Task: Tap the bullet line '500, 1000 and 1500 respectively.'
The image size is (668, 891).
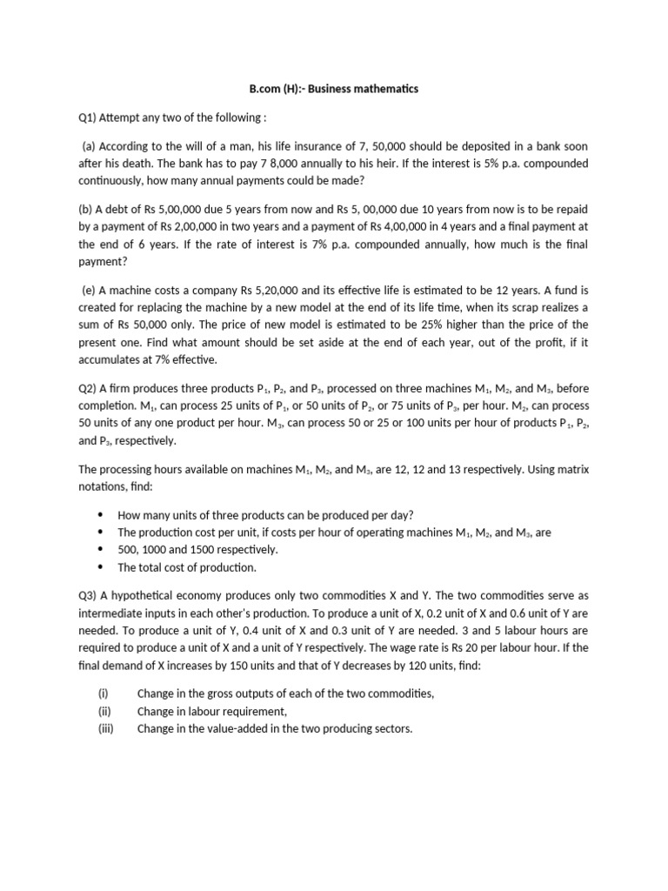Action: tap(197, 550)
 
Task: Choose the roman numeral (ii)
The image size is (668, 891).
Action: tap(104, 711)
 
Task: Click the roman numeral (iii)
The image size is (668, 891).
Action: tap(106, 727)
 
